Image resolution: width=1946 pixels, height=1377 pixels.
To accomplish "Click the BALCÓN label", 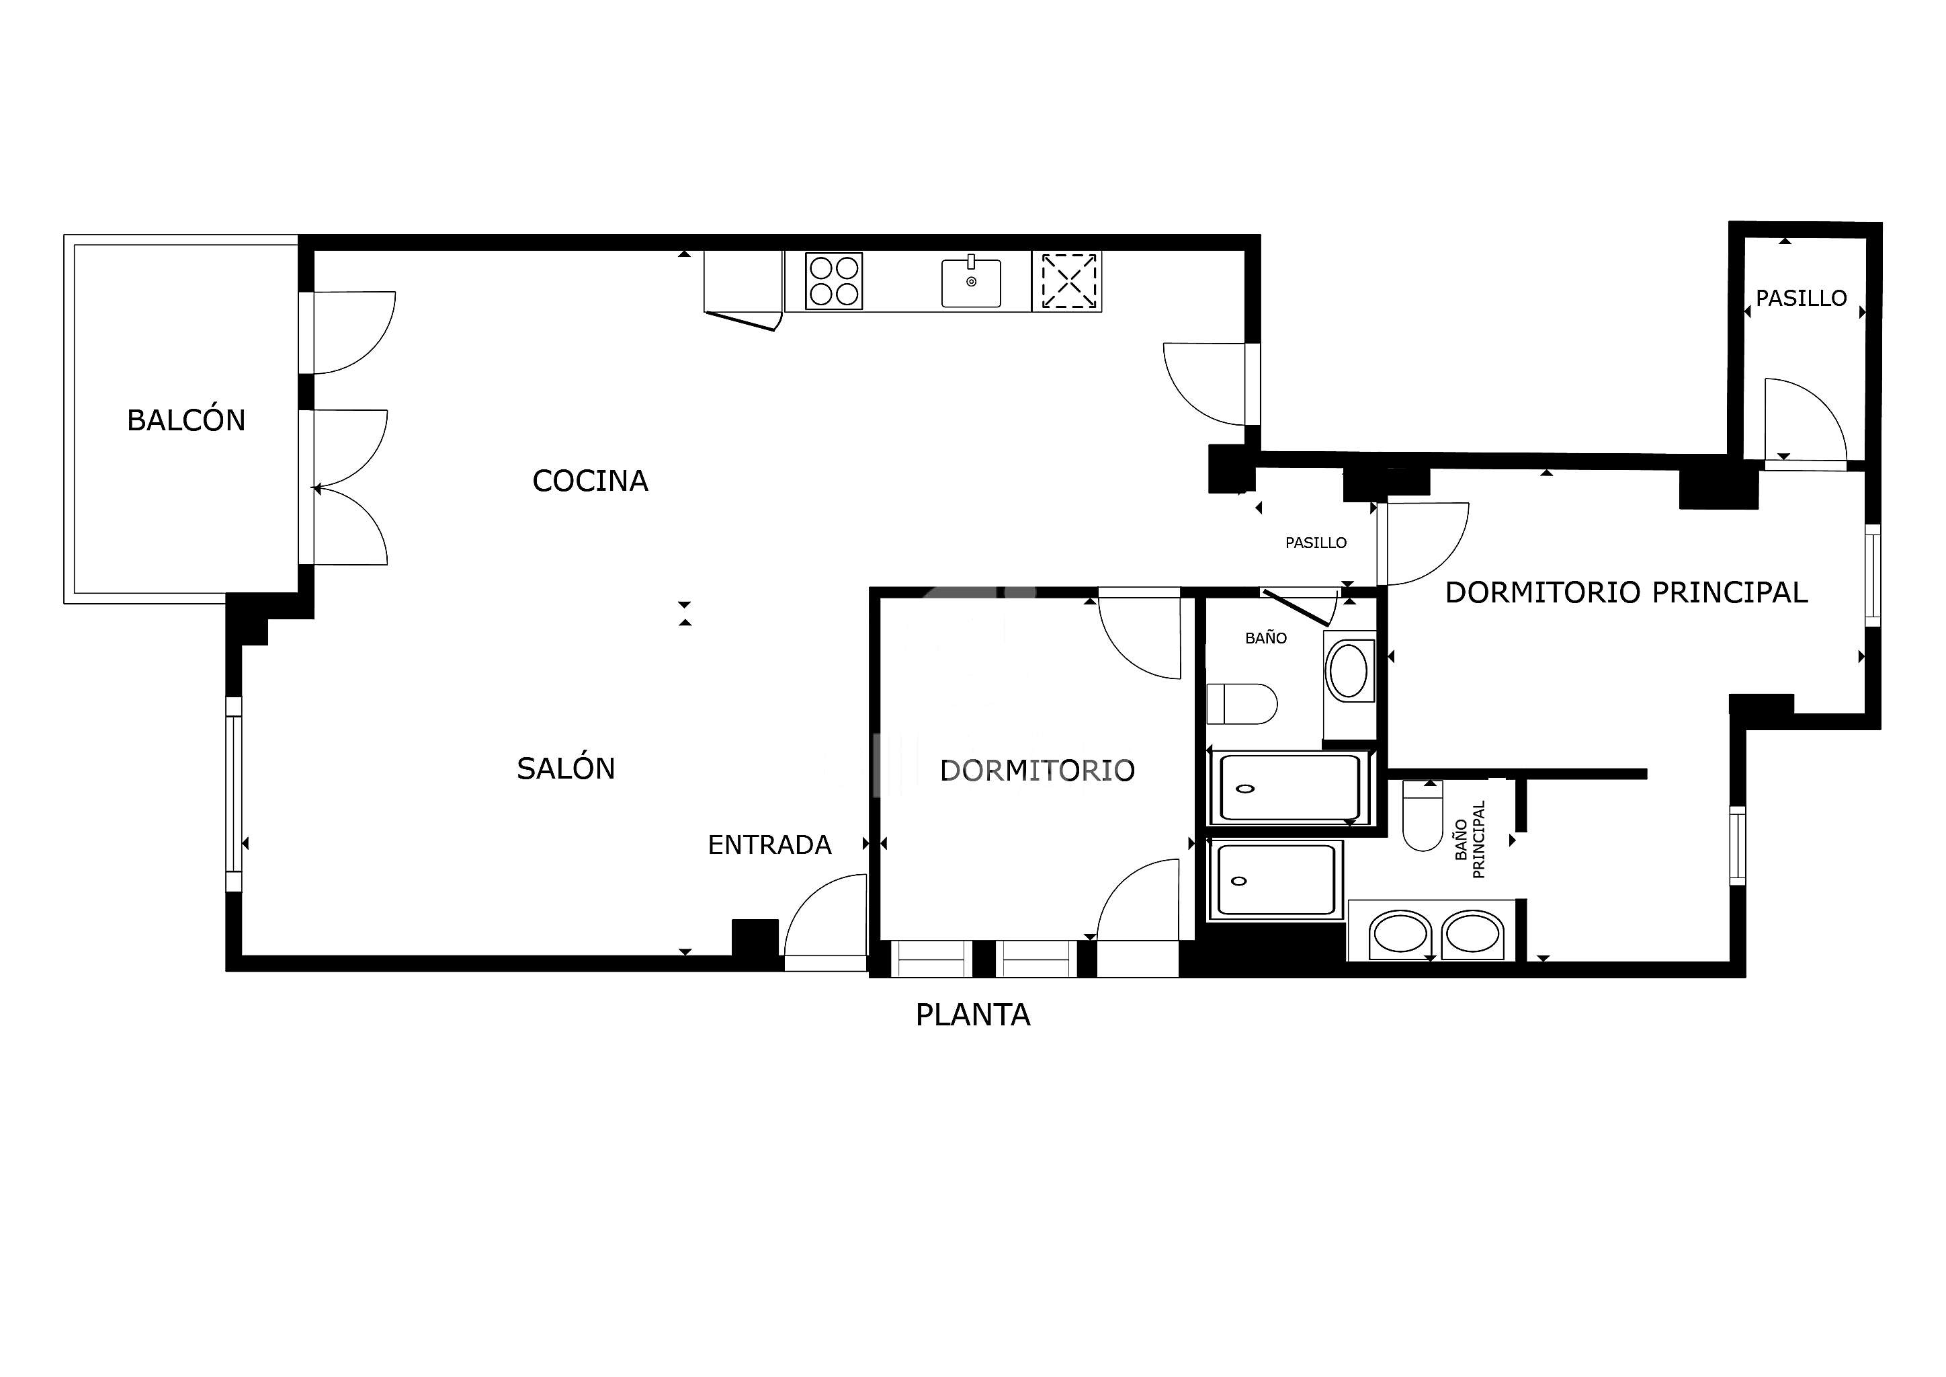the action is pos(185,420).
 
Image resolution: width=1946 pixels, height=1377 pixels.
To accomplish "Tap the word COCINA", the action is pos(590,481).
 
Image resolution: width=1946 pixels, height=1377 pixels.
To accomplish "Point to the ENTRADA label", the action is pos(769,844).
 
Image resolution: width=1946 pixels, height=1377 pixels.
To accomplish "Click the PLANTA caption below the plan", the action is pos(972,1015).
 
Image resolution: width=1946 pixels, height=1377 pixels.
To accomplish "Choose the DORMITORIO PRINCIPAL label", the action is pos(1626,592).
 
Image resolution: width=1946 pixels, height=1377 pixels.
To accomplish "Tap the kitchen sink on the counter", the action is pos(971,282).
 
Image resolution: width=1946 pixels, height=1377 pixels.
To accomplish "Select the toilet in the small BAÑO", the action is pos(1242,705).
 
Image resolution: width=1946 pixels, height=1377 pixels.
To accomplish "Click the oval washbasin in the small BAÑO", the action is pos(1349,671).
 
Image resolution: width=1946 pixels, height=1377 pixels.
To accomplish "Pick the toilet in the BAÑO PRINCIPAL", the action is pos(1423,816).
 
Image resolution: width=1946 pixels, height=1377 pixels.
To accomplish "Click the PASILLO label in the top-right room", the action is pos(1801,299).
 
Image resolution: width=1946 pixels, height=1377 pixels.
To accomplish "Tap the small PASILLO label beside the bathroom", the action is pos(1316,543).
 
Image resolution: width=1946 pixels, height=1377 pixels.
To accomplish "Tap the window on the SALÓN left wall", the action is pos(234,795).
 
